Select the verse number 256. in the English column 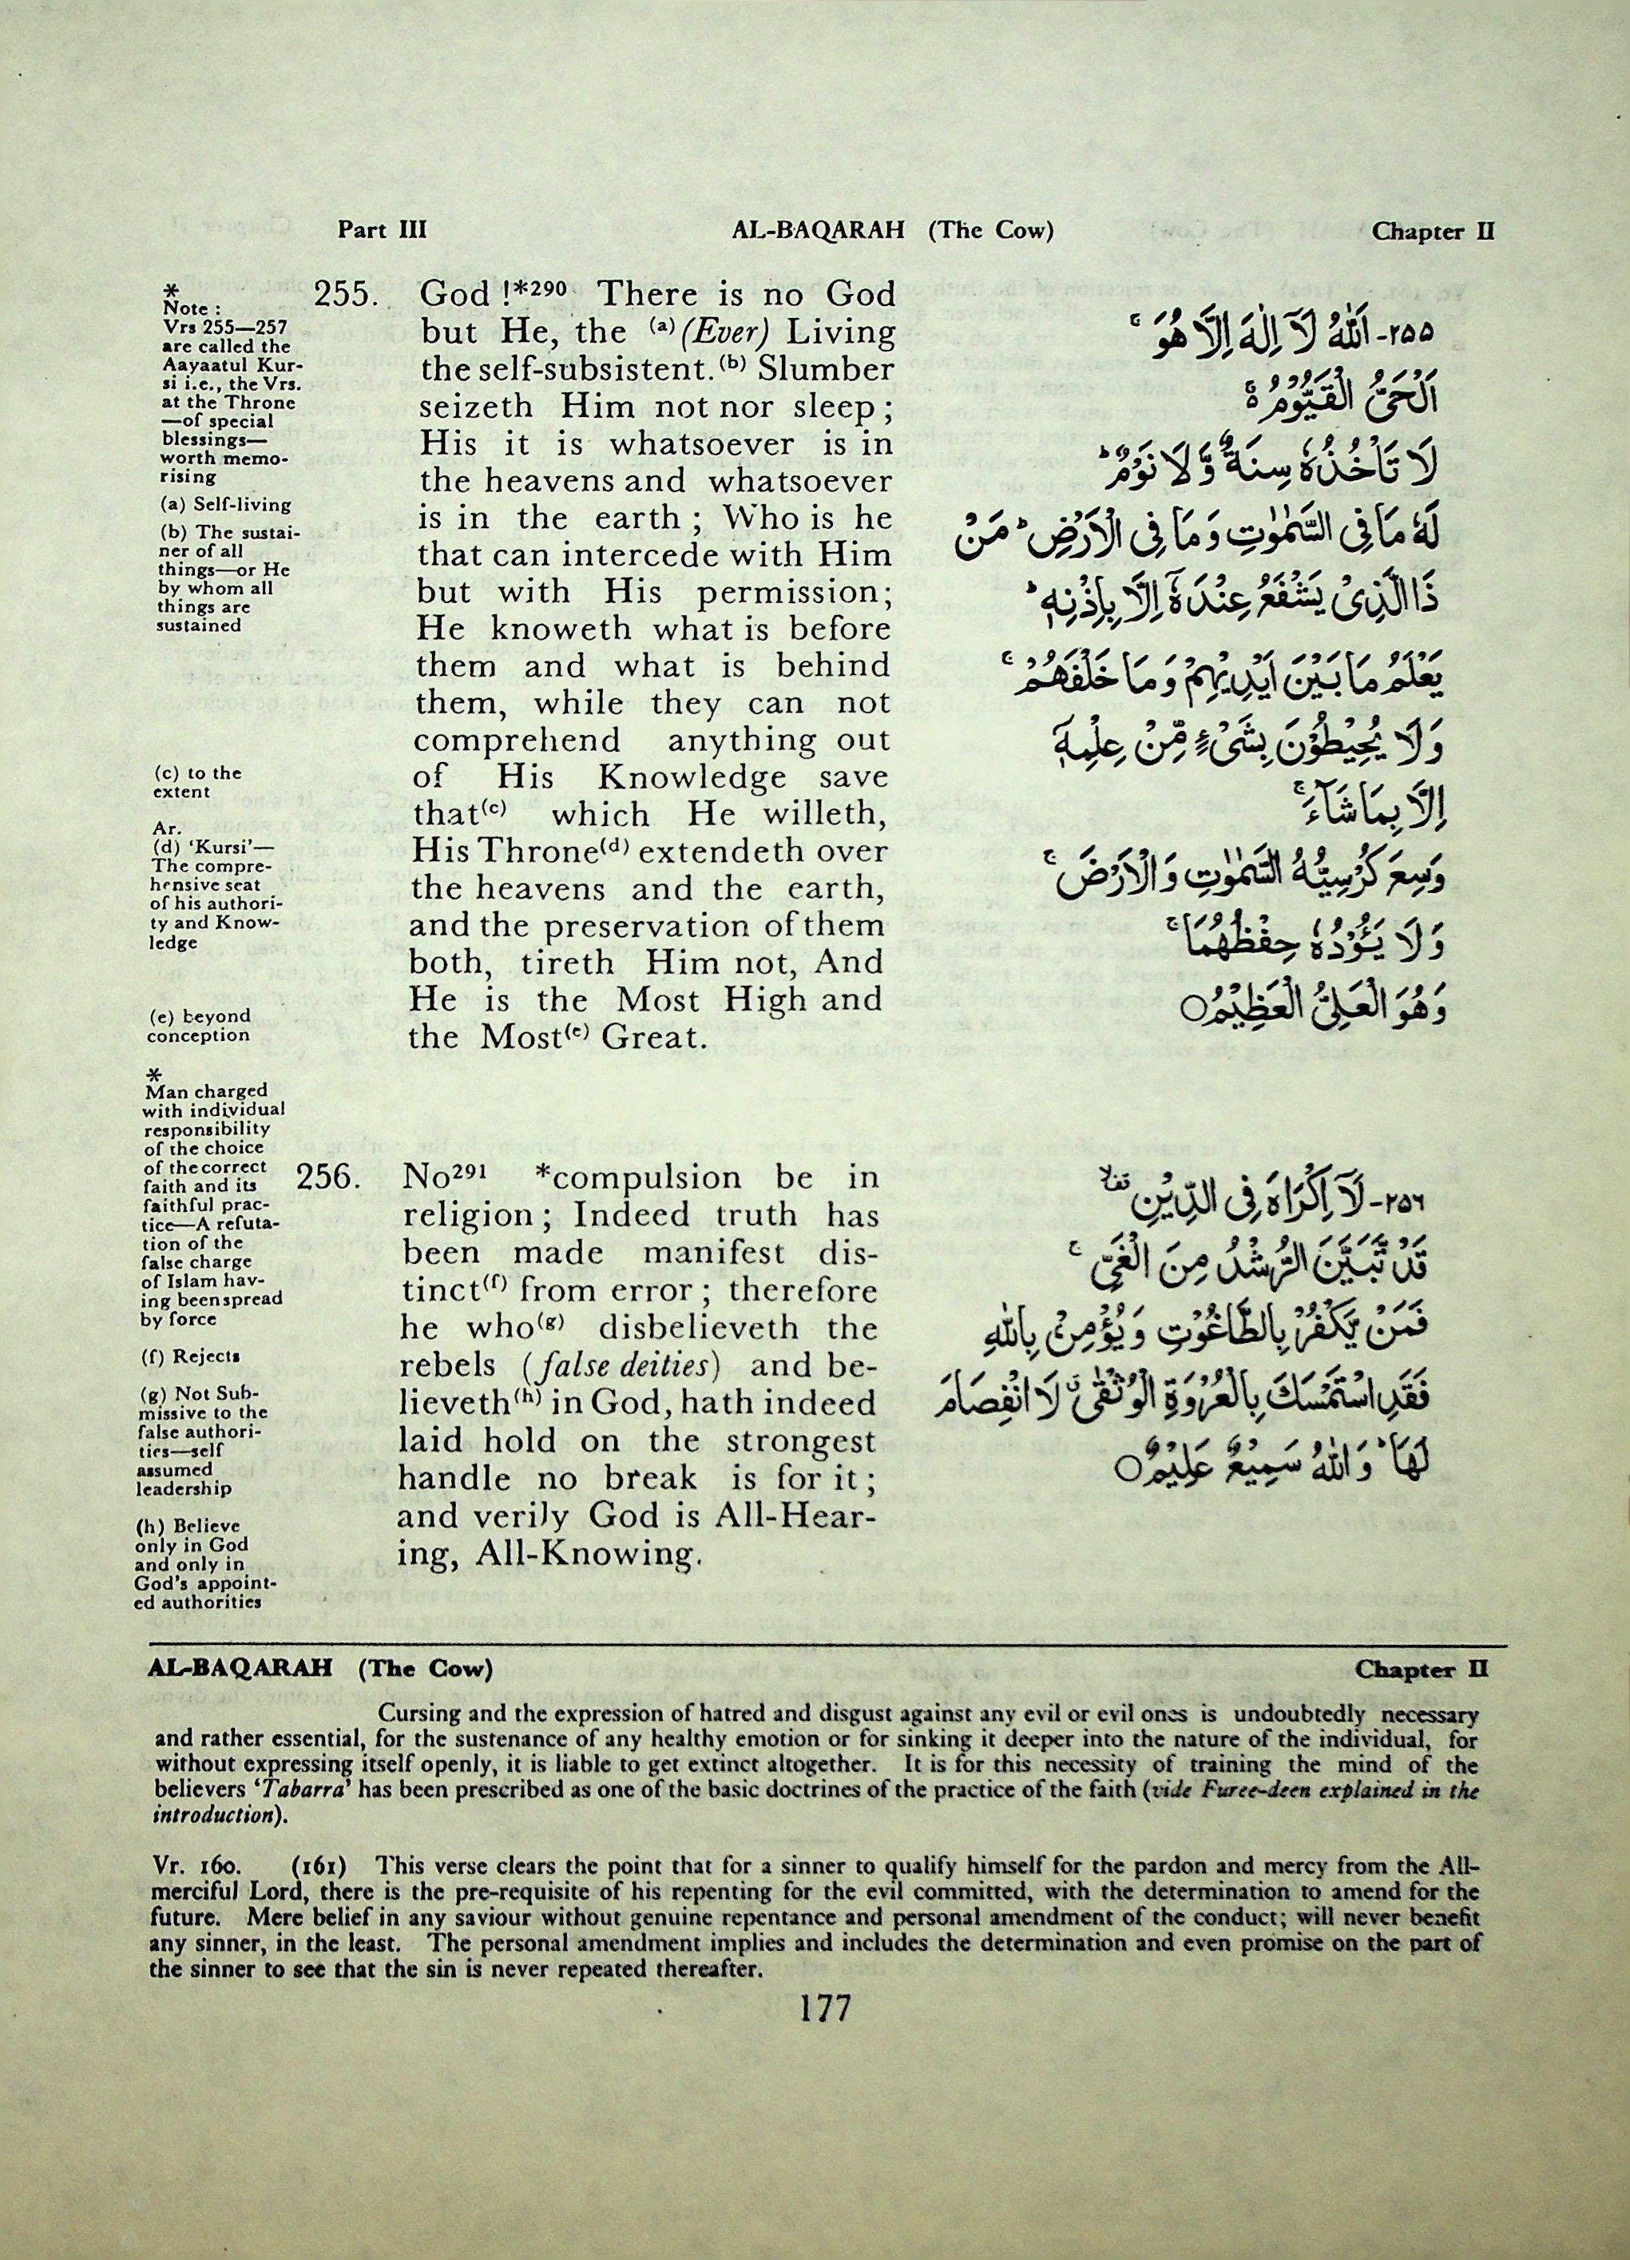(x=329, y=1178)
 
